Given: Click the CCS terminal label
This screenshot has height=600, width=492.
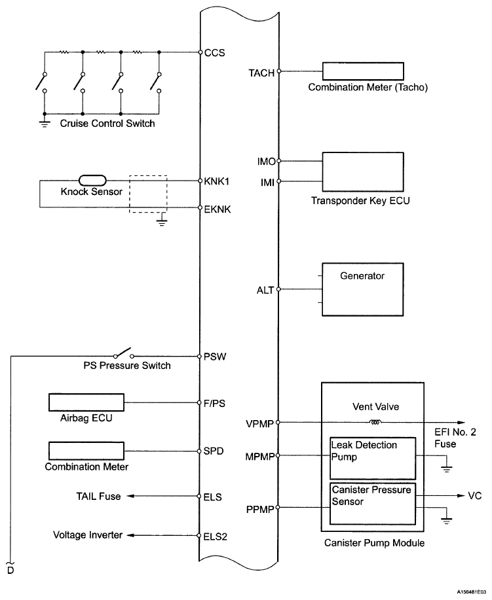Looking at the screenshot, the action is pos(215,53).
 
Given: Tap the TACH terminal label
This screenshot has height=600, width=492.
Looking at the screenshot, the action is pos(261,73).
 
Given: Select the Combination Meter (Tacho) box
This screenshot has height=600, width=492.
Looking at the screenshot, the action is pos(363,71).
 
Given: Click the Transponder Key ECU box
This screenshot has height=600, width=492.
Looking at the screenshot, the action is pos(363,172).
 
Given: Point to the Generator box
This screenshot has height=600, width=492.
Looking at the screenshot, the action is pos(362,289).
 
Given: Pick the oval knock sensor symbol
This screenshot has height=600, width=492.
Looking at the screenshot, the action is pos(92,180).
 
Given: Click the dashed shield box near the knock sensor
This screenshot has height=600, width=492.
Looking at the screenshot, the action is pos(148,194).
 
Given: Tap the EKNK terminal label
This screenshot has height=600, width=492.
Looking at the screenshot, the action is pos(218,209).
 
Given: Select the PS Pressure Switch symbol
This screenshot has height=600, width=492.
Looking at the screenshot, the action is pos(124,353).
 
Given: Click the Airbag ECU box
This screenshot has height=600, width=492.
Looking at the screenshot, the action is pos(86,402).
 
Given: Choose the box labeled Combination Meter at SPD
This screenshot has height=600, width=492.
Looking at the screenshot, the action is pos(86,451).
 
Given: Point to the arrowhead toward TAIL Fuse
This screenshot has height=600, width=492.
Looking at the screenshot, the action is pos(130,496).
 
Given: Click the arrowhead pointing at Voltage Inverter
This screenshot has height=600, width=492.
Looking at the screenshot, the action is pos(130,535).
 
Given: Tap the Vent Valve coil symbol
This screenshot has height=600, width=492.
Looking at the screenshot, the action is pos(375,423).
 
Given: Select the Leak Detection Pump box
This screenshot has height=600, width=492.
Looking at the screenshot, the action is pos(373,459).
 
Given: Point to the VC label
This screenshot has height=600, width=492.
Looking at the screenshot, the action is pos(475,496).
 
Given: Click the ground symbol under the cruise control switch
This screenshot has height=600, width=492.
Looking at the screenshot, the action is pos(45,124).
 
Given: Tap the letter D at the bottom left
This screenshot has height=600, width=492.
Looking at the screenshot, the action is pos(10,571).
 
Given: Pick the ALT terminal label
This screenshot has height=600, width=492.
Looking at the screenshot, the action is pos(265,291).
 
